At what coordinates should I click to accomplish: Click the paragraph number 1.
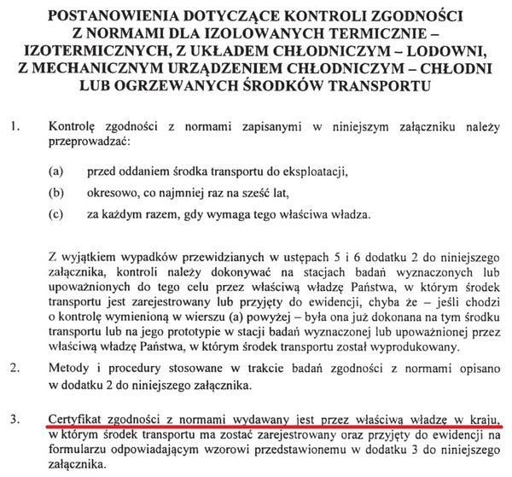[12, 126]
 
